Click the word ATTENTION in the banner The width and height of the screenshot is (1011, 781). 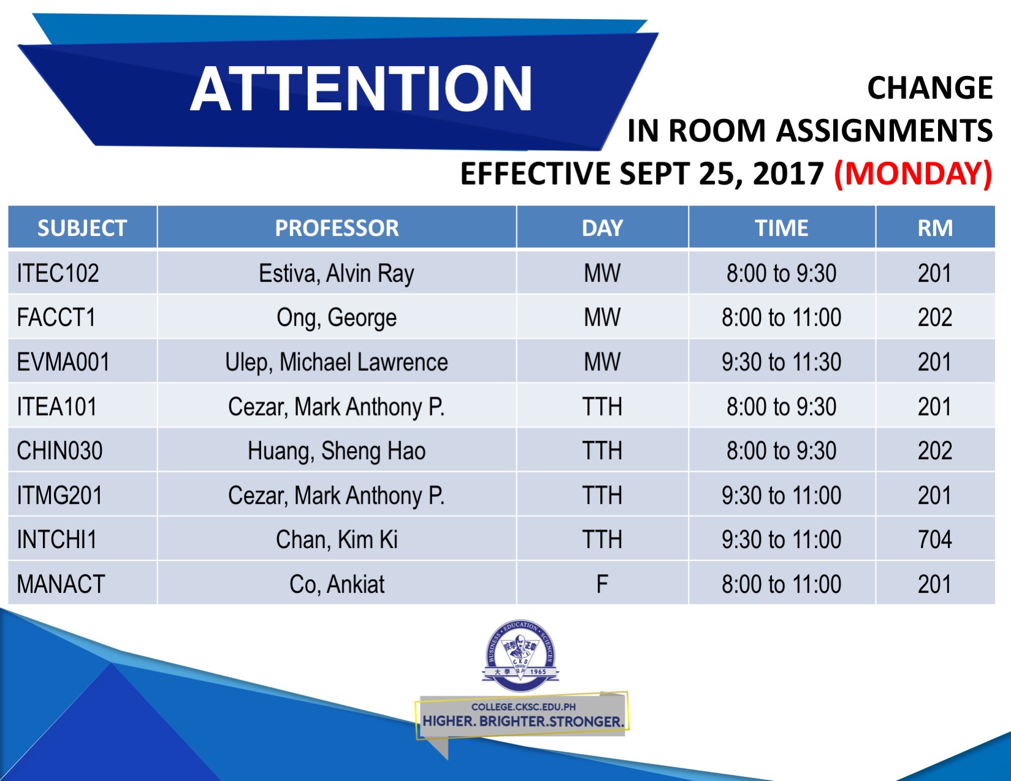coord(361,88)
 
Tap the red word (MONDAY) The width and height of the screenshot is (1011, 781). coord(914,174)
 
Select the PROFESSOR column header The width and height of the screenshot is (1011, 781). coord(337,228)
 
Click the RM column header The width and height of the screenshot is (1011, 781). coord(935,228)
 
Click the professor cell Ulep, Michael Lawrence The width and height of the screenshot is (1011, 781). coord(337,362)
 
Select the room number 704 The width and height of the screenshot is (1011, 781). coord(935,539)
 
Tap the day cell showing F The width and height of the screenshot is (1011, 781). coord(602,584)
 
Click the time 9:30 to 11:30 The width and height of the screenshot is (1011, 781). coord(782,362)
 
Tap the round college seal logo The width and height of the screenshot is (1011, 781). coord(521,655)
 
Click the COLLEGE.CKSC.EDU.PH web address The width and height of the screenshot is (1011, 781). coord(524,707)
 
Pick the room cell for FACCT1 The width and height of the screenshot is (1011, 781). coord(935,318)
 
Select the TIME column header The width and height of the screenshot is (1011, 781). coord(782,228)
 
